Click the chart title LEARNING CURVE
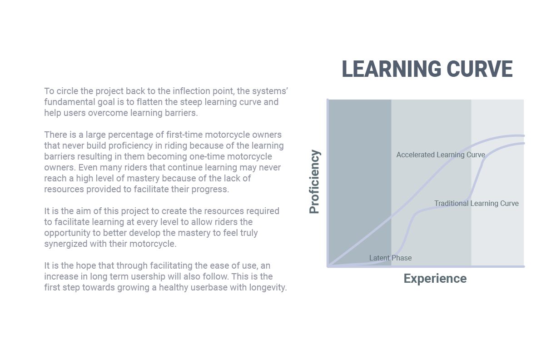click(x=427, y=69)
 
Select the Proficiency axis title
click(x=314, y=182)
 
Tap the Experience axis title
click(x=435, y=279)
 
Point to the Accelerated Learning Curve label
click(x=441, y=155)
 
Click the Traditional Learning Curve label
click(x=477, y=204)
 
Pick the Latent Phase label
click(x=391, y=258)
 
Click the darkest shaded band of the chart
click(x=360, y=183)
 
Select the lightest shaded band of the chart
click(x=497, y=183)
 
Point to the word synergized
click(x=65, y=244)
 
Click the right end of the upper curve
click(x=524, y=135)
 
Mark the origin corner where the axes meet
click(x=328, y=266)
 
